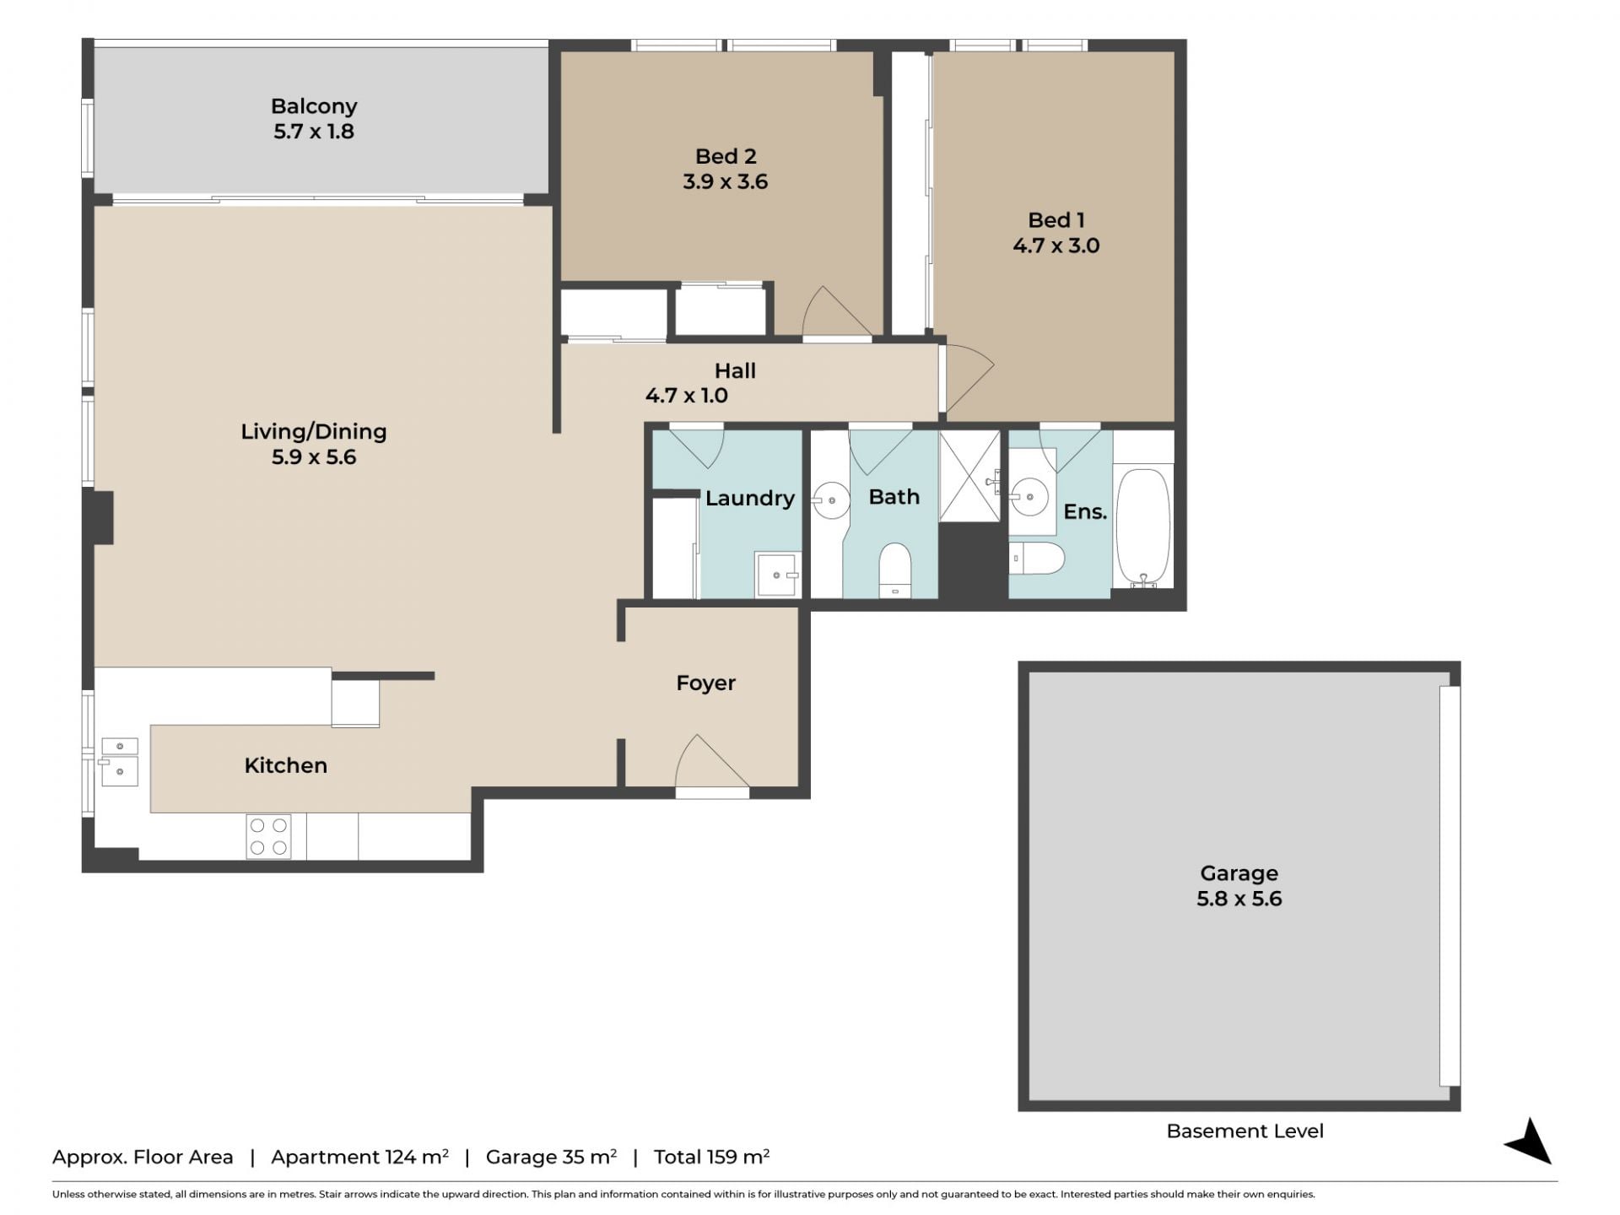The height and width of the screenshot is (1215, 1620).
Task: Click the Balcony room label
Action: (314, 106)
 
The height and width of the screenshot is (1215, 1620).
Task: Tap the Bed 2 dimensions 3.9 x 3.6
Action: (726, 181)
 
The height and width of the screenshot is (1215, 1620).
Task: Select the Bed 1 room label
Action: (1056, 220)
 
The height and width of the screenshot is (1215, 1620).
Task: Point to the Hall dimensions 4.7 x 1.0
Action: (687, 395)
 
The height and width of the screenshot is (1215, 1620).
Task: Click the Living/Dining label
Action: (314, 432)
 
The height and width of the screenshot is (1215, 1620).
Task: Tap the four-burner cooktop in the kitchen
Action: (268, 836)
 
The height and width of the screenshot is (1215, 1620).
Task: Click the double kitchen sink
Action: (120, 762)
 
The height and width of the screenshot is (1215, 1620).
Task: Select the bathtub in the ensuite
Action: (1143, 527)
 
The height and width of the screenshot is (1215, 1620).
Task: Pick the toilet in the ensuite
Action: (1037, 559)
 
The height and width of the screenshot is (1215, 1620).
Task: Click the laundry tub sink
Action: (777, 575)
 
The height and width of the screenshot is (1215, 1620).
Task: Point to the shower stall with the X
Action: (969, 476)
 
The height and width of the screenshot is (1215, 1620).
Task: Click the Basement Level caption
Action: (1245, 1131)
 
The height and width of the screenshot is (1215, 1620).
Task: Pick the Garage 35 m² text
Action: (551, 1157)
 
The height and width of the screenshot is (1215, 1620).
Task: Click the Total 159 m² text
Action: (711, 1157)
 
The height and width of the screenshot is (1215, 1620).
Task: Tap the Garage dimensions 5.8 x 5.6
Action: (1239, 899)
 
